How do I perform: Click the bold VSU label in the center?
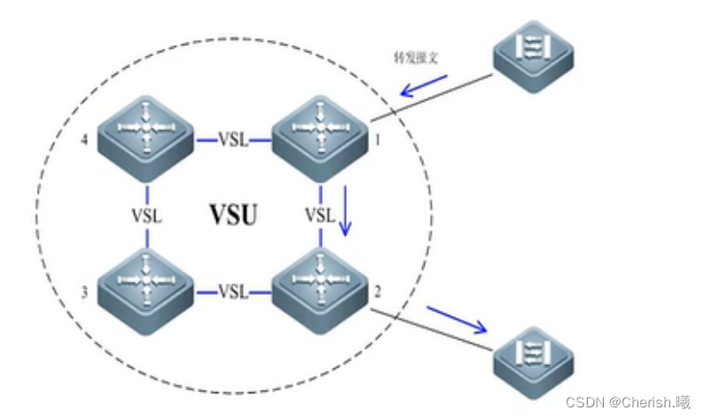(233, 213)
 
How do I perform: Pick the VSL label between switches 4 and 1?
(233, 140)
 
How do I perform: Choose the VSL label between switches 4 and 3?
(147, 215)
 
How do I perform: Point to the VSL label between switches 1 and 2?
(319, 215)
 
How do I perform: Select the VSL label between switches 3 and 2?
(233, 290)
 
